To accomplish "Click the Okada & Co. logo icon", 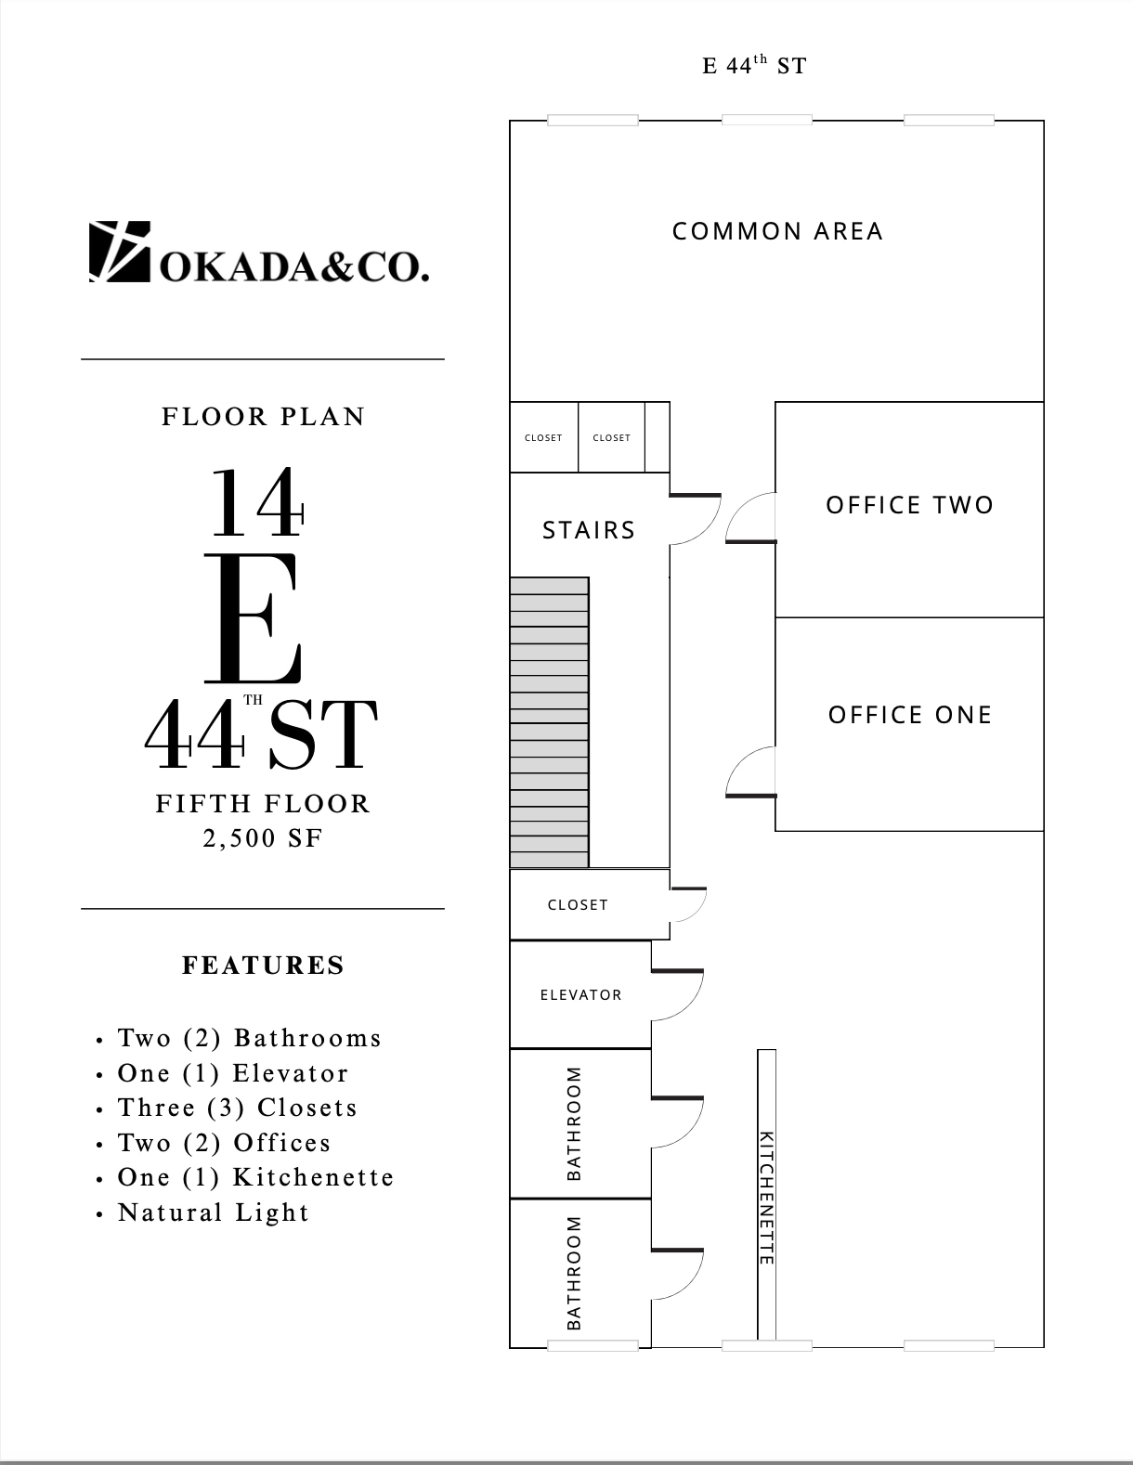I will (x=119, y=251).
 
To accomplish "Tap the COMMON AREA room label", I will (x=777, y=231).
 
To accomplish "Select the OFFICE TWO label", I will (x=910, y=505).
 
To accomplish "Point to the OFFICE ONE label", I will (x=910, y=715).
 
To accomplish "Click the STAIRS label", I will (x=589, y=530).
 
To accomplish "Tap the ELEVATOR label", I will (x=581, y=995).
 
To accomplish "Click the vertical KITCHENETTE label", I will (x=766, y=1198).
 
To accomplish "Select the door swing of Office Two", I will (x=749, y=517).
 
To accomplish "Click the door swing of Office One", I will (x=749, y=772).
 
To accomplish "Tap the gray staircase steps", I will (x=549, y=722).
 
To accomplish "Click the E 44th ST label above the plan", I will (x=754, y=65).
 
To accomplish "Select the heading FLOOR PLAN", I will (x=264, y=417).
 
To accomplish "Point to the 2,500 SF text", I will (x=264, y=838).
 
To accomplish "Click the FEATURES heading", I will (x=264, y=966).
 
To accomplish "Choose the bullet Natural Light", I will (x=214, y=1212).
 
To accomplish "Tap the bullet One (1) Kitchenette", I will (x=255, y=1177).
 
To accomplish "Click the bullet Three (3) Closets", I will (x=237, y=1108).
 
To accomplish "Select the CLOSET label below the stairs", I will (x=578, y=905).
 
